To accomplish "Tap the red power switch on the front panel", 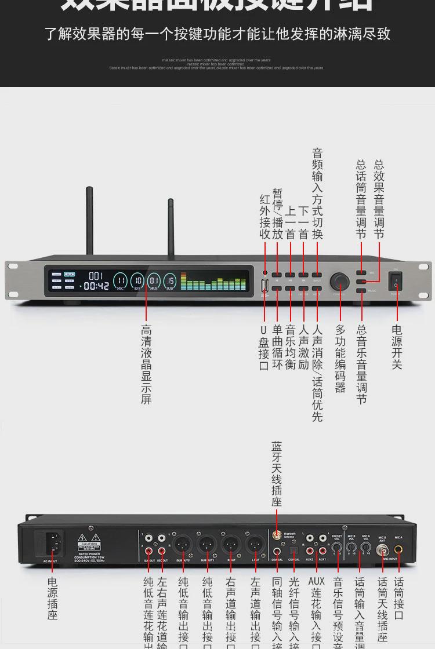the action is [396, 281].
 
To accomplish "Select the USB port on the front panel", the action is [264, 285].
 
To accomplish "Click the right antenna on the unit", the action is [172, 229].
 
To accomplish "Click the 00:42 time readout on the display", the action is [96, 286].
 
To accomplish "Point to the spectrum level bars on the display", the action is [214, 282].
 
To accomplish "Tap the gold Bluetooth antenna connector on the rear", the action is [277, 537].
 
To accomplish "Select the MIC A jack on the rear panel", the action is [398, 546].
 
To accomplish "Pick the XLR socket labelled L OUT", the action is [255, 544].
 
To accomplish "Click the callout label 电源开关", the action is [397, 347].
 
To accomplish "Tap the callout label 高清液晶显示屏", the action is [146, 364].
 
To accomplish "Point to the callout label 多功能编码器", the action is [340, 358].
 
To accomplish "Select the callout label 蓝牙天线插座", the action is [277, 474].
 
